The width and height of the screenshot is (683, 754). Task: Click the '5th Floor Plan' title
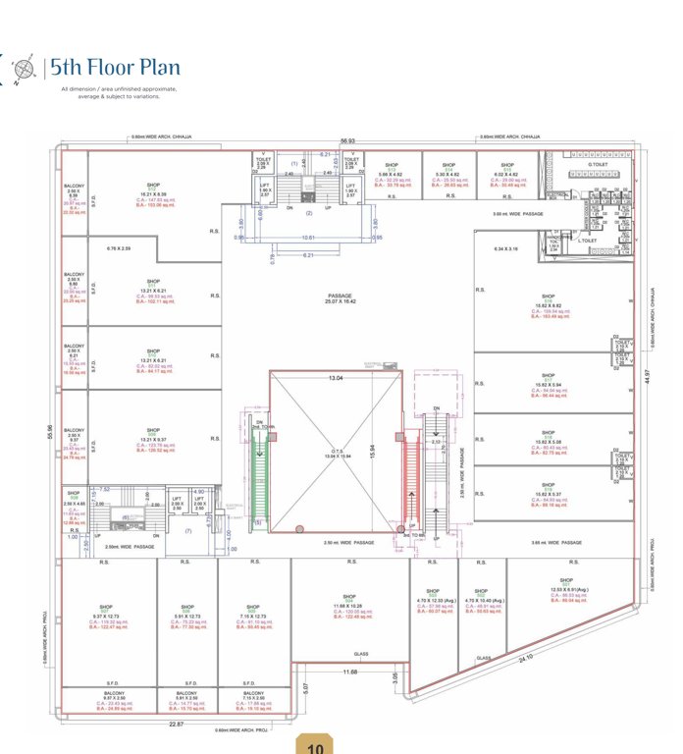pos(116,68)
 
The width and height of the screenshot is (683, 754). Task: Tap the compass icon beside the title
pos(23,68)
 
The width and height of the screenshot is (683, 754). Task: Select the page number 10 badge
pos(315,745)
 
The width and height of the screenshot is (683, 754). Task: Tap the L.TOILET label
pos(589,241)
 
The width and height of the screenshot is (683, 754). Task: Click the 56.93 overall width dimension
pos(347,141)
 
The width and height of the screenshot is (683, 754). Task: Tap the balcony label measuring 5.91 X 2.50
pos(186,698)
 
